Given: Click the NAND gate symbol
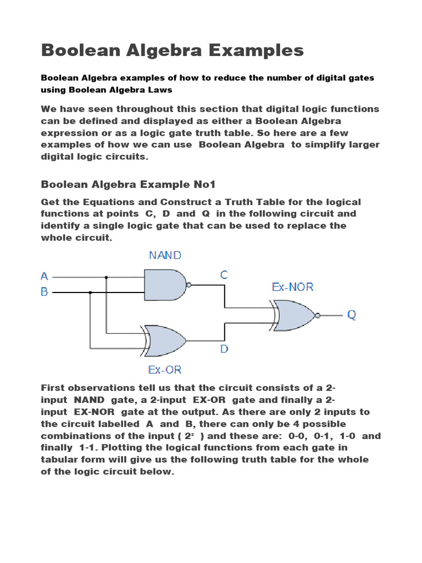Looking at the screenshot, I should tap(165, 285).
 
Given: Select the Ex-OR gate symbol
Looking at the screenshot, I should tap(165, 340).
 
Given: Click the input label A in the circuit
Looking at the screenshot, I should tap(45, 276).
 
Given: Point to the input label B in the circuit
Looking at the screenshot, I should tap(45, 292).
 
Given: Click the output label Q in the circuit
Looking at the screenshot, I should tap(352, 315).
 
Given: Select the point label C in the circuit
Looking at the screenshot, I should tap(224, 275).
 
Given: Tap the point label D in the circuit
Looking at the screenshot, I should tap(224, 349).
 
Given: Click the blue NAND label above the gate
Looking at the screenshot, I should tap(165, 256).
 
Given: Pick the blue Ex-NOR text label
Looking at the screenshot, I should tap(293, 288).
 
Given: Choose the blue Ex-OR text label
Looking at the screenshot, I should tap(164, 369).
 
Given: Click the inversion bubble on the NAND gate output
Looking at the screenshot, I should tap(188, 285).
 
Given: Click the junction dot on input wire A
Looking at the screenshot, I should tap(107, 277).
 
